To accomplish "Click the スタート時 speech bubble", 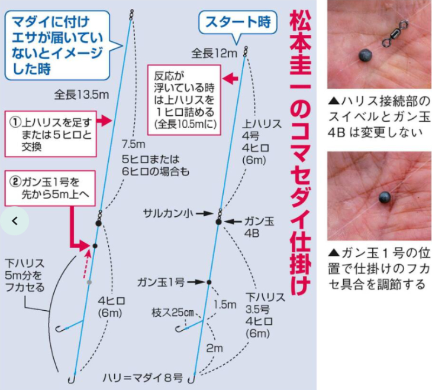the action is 238,22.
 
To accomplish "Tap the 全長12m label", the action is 214,53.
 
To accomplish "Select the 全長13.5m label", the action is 82,95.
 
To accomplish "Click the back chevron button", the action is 15,221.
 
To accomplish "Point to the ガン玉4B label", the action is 259,227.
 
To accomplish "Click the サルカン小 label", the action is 168,213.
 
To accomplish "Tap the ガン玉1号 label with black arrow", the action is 160,282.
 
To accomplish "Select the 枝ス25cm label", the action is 173,313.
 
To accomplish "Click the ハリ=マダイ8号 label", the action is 143,378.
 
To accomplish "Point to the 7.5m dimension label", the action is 133,144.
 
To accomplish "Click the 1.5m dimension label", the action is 225,304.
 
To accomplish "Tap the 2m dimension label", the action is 214,348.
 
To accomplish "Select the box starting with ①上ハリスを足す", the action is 51,134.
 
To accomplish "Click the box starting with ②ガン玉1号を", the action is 50,188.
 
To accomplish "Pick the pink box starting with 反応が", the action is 184,100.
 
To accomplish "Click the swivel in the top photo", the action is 395,34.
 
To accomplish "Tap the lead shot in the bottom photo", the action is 384,197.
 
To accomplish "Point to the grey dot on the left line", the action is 89,282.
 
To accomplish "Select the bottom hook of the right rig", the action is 192,379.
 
